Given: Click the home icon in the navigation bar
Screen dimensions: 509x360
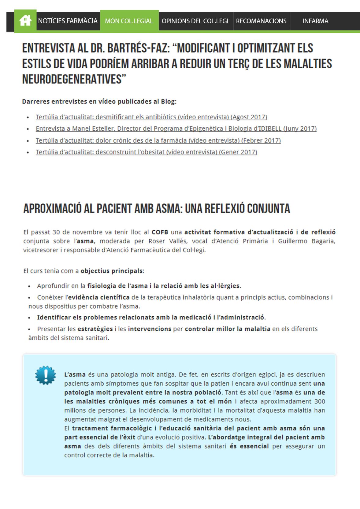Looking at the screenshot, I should click(25, 21).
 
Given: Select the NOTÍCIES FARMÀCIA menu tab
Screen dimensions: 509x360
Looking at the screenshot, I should click(68, 21).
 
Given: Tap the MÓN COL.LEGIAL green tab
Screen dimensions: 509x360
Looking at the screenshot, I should click(129, 21).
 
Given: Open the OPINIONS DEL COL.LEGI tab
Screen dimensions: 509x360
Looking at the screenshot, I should click(195, 21).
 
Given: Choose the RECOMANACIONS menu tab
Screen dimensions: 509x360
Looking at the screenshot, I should click(261, 21).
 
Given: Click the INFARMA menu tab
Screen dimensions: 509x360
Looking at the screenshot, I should click(315, 21).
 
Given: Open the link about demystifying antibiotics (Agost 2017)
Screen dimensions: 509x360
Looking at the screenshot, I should click(151, 117).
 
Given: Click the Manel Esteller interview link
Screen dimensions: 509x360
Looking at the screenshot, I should click(176, 128).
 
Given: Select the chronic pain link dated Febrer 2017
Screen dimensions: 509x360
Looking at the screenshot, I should click(158, 140).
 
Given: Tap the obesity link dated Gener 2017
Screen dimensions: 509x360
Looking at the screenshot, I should click(146, 152).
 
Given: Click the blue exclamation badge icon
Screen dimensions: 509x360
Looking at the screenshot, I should click(46, 375).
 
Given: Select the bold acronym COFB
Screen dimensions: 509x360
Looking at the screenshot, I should click(160, 232).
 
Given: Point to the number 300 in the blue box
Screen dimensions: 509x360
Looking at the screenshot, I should click(320, 401).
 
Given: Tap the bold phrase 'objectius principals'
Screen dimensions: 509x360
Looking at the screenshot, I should click(112, 271).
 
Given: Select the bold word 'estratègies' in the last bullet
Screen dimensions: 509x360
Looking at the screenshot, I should click(95, 329).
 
